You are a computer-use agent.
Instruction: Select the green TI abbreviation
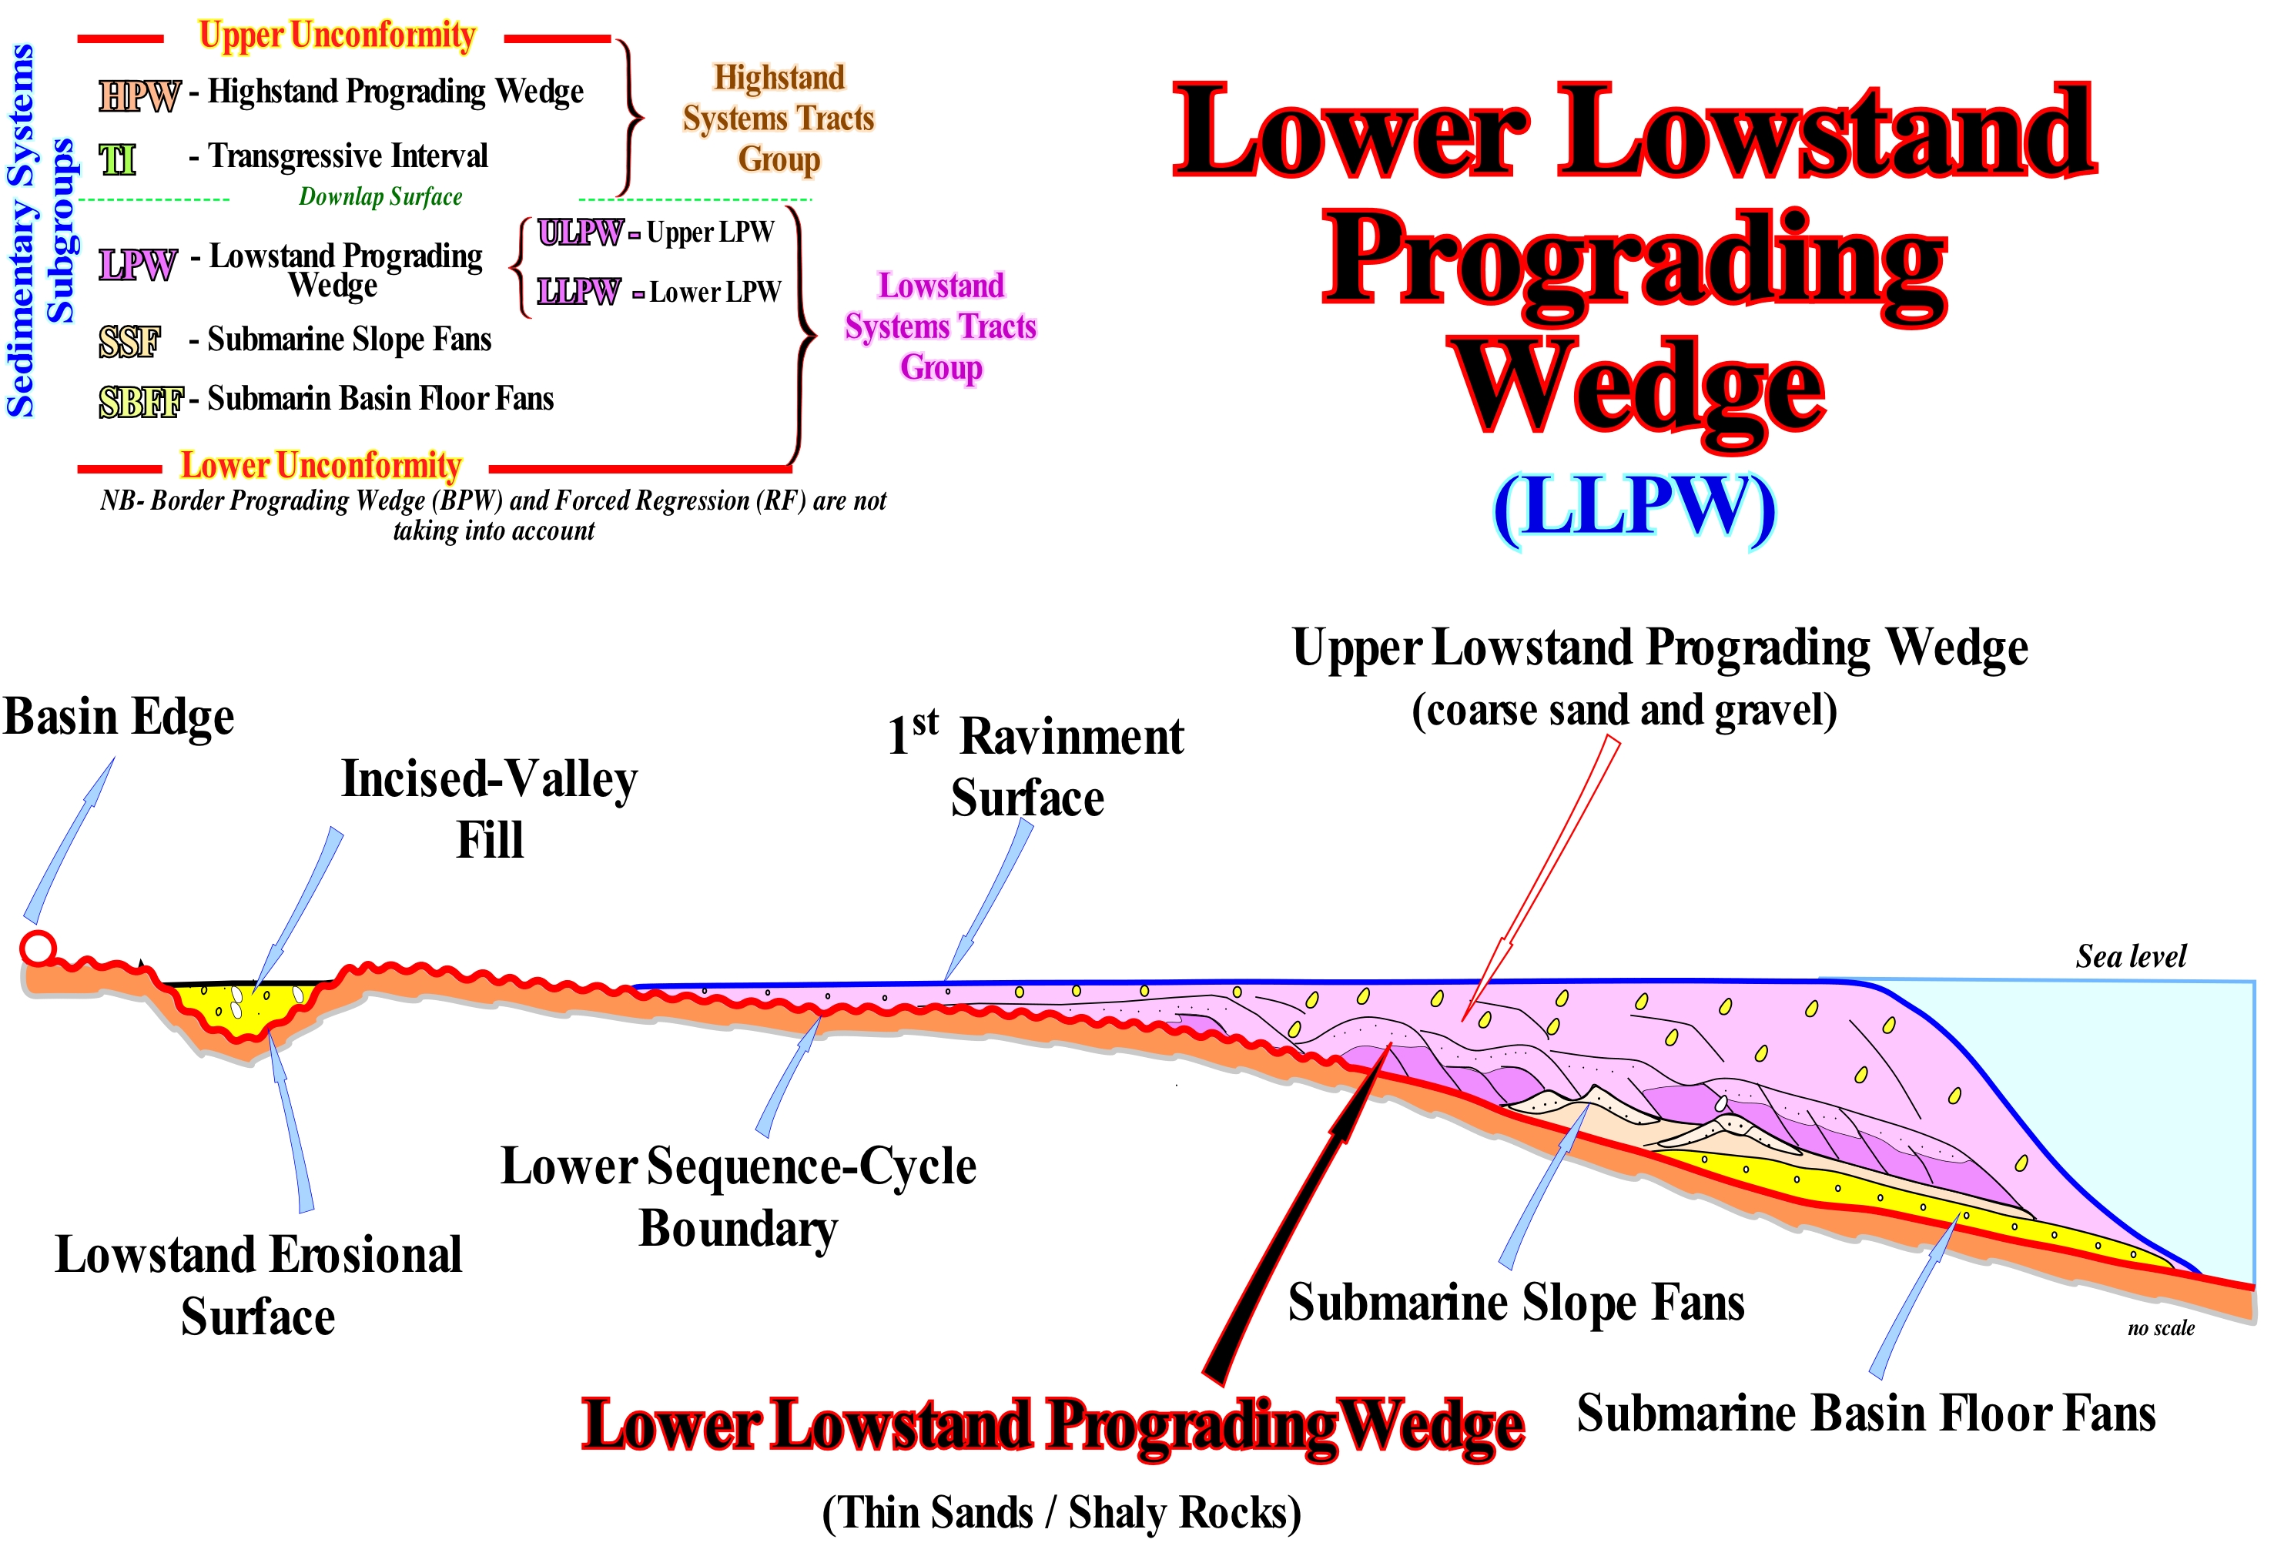117,159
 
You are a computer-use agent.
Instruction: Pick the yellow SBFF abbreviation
141,401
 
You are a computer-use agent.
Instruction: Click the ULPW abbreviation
579,233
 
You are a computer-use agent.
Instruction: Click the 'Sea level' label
2130,956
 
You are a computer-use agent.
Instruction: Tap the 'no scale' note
2161,1328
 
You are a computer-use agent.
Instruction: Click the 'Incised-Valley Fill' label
489,808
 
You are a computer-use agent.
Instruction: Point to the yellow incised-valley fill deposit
245,1008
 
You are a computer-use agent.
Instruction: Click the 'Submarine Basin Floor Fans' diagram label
1865,1413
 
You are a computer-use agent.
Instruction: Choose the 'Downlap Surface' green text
380,196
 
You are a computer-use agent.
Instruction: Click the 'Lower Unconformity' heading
321,466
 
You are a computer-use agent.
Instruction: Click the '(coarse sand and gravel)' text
1623,709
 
